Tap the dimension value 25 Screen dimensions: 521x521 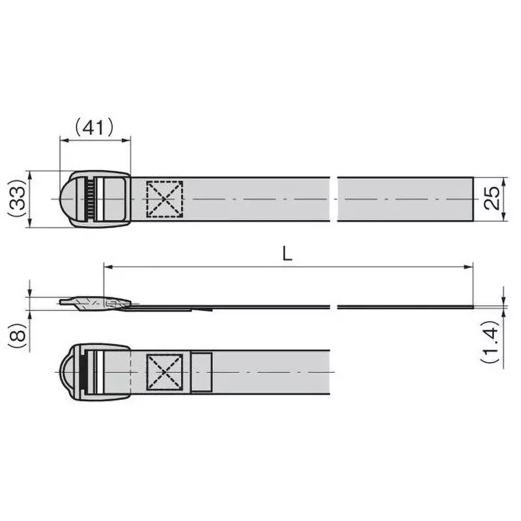[x=493, y=198]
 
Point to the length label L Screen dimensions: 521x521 [x=287, y=255]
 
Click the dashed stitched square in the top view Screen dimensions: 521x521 [x=164, y=199]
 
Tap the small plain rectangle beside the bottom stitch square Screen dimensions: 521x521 [x=201, y=372]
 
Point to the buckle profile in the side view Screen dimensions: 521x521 [x=98, y=303]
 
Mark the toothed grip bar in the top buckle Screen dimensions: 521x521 [x=89, y=199]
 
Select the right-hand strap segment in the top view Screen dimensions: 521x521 [x=406, y=199]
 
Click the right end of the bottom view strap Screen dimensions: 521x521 [x=328, y=372]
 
